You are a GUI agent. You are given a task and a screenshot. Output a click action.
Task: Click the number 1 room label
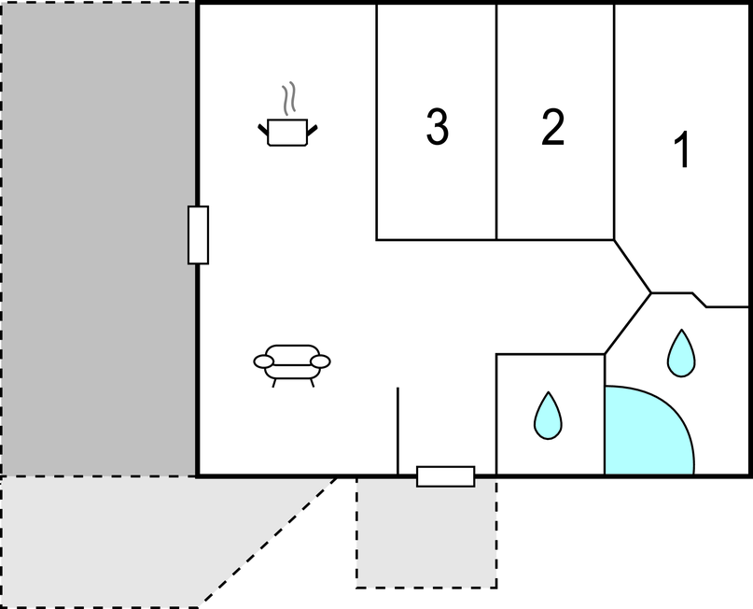pos(682,149)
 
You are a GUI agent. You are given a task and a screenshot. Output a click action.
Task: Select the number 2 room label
pos(552,127)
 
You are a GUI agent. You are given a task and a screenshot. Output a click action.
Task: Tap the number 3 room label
pos(437,126)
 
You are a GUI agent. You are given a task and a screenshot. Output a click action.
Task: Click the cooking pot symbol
pos(287,133)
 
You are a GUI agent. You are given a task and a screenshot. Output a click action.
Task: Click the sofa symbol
pos(292,366)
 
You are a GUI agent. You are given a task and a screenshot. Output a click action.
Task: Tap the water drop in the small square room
pos(548,416)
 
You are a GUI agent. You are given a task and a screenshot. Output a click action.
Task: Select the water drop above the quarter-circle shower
pos(681,353)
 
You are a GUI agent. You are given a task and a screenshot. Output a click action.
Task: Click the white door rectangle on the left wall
pos(199,235)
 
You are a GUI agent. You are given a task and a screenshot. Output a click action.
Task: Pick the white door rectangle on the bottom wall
pos(446,476)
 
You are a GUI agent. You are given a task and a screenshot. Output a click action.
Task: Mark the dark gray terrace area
pos(99,239)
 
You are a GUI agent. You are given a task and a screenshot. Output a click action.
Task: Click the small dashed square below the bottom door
pos(426,532)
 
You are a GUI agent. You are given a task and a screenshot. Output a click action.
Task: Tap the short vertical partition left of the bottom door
pos(397,432)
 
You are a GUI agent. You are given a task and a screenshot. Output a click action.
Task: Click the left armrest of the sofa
pos(264,361)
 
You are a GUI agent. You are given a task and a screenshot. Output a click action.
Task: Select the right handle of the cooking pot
pos(313,130)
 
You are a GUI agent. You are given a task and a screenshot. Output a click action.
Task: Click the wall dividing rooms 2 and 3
pos(496,121)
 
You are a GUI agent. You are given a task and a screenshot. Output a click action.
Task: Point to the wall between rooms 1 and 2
pos(614,121)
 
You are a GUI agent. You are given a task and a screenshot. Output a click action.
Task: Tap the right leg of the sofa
pos(313,383)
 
